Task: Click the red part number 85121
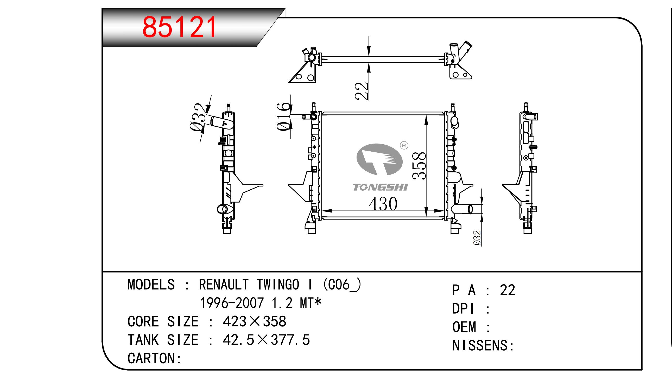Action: point(179,27)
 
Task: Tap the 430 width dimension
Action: point(383,204)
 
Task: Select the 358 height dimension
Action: point(419,166)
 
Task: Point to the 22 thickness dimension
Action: point(362,91)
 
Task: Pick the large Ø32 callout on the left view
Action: point(200,117)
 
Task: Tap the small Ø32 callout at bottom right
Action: point(477,238)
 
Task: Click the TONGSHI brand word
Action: point(380,187)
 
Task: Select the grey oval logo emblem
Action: point(379,159)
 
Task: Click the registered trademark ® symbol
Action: point(404,145)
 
